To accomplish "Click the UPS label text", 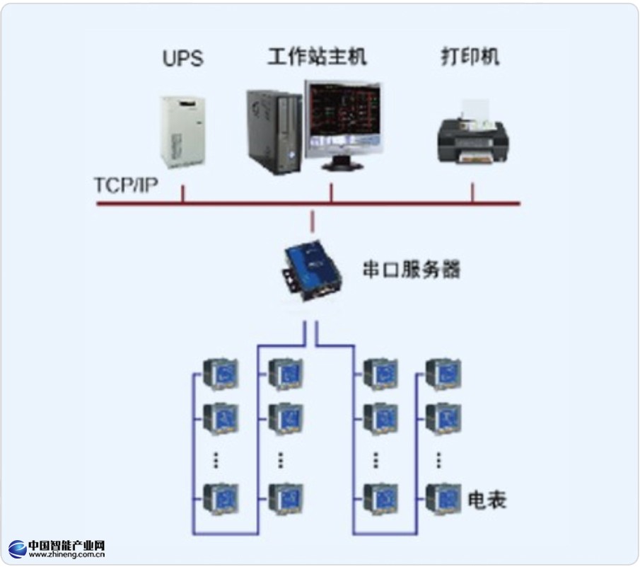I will click(182, 58).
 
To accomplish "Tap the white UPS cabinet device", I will click(182, 131).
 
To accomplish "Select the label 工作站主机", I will click(317, 57).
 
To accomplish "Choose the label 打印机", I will click(470, 57).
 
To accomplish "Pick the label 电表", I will click(487, 501).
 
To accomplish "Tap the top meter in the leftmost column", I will click(221, 373).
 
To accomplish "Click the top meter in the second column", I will click(286, 373).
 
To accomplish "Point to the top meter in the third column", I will click(379, 373).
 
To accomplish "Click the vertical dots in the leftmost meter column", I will click(217, 459).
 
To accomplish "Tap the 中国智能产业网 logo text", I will click(66, 546).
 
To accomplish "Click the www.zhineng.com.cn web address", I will click(66, 556).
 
